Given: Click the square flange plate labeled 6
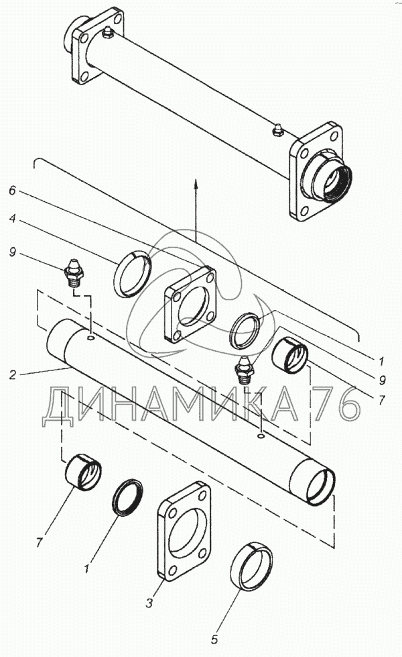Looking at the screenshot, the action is click(x=192, y=304).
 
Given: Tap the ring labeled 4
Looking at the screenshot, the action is click(x=133, y=271).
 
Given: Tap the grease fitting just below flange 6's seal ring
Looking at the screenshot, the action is click(x=245, y=369).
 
